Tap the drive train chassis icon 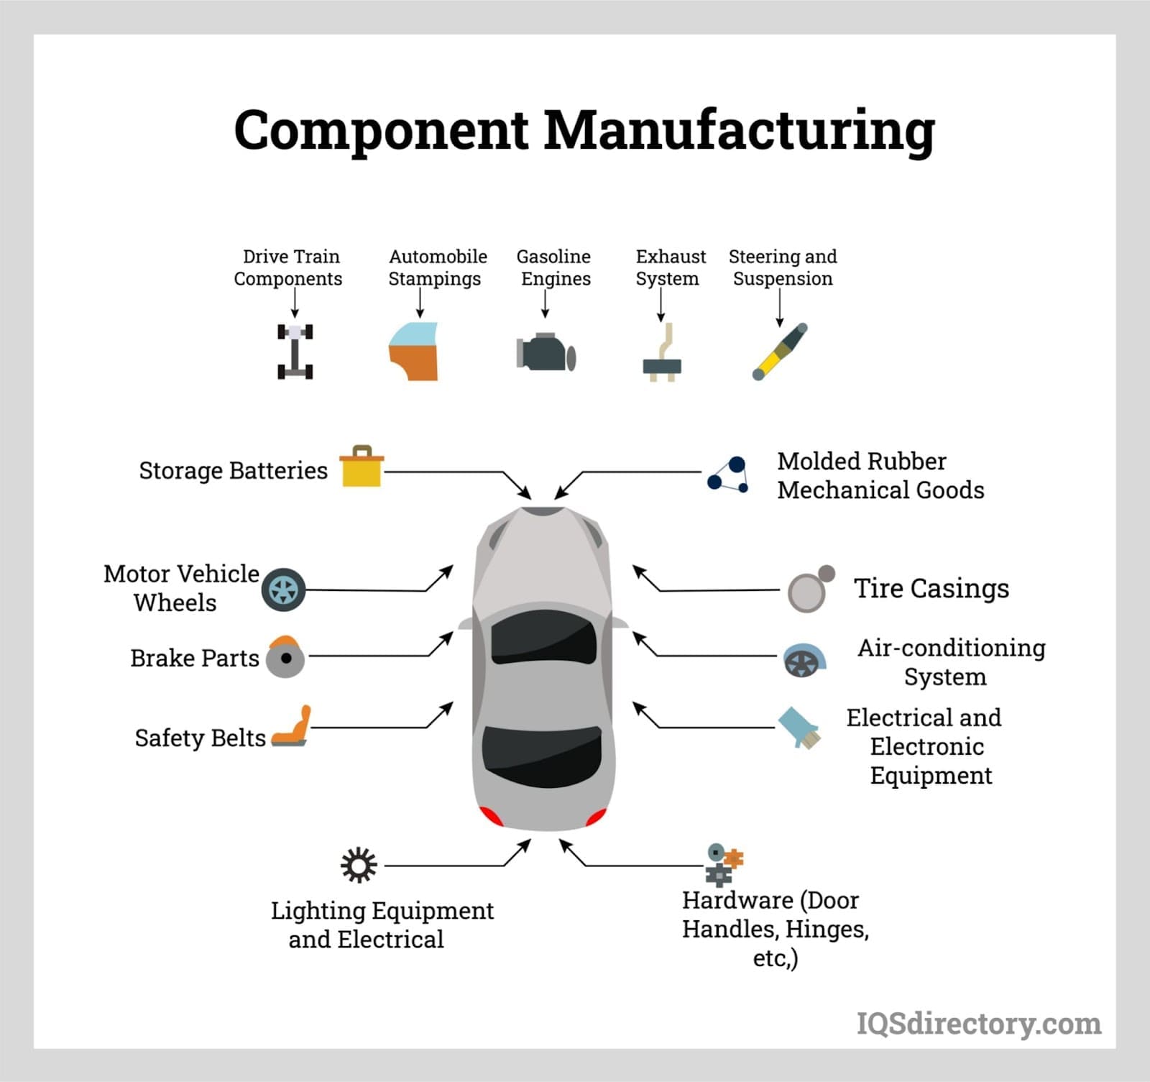pyautogui.click(x=295, y=352)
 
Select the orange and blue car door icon pyautogui.click(x=414, y=352)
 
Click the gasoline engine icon pyautogui.click(x=546, y=352)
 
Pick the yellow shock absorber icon pyautogui.click(x=779, y=352)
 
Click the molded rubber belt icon pyautogui.click(x=728, y=475)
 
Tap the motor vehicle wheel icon pyautogui.click(x=283, y=590)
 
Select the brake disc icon pyautogui.click(x=285, y=657)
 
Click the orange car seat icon pyautogui.click(x=293, y=728)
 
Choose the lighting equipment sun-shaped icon pyautogui.click(x=358, y=865)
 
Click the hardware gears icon pyautogui.click(x=722, y=863)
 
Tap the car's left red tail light pyautogui.click(x=491, y=816)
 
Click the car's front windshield pyautogui.click(x=544, y=637)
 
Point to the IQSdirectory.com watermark pyautogui.click(x=978, y=1022)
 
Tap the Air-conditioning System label pyautogui.click(x=950, y=662)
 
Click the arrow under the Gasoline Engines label pyautogui.click(x=545, y=305)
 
